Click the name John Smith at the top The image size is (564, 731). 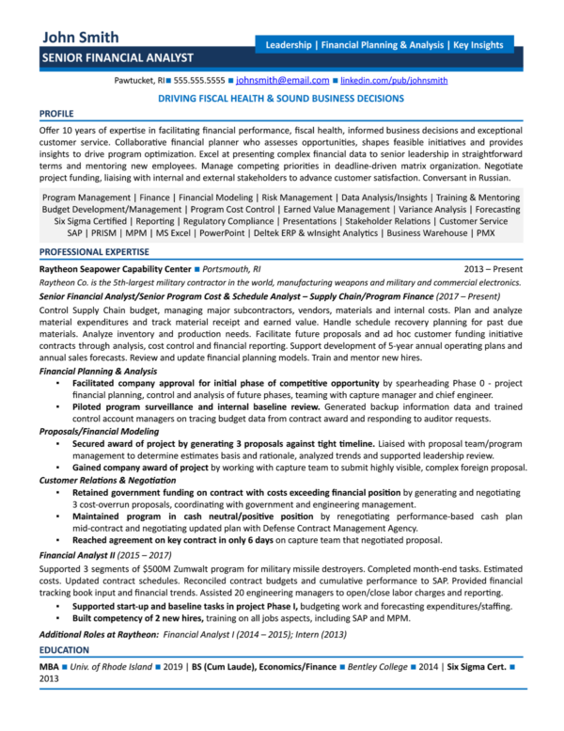(x=80, y=38)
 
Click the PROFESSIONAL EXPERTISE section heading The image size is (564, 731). (x=94, y=252)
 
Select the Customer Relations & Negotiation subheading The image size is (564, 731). (x=110, y=479)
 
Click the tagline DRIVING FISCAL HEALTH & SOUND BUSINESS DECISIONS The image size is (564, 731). (x=281, y=98)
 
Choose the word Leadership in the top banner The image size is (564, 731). (x=290, y=44)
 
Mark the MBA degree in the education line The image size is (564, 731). (x=50, y=666)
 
